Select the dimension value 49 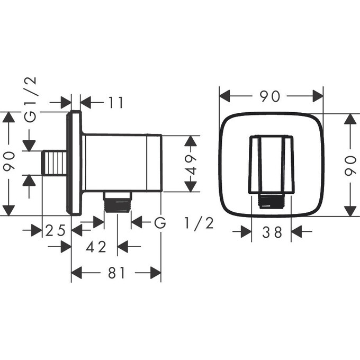(191, 164)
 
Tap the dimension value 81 (116, 273)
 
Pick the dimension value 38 (271, 232)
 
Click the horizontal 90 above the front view (271, 96)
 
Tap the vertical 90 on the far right (349, 164)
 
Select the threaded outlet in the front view (271, 201)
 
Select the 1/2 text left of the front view (200, 223)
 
